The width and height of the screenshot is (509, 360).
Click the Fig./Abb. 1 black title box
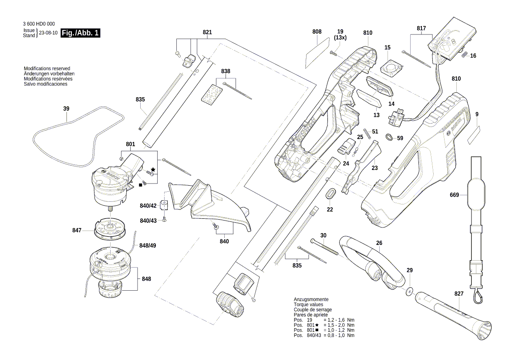coord(81,33)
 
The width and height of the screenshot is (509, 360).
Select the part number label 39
coord(66,109)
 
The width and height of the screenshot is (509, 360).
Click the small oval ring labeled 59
coord(388,137)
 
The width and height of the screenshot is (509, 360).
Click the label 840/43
coord(148,220)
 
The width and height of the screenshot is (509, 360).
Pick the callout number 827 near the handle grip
coord(459,294)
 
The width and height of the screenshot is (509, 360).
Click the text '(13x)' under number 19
coord(340,38)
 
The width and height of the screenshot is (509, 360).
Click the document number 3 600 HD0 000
coord(38,24)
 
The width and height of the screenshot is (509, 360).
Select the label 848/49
coord(148,246)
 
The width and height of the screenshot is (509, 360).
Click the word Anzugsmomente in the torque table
coord(311,299)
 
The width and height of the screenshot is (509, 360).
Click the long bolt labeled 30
coord(324,248)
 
